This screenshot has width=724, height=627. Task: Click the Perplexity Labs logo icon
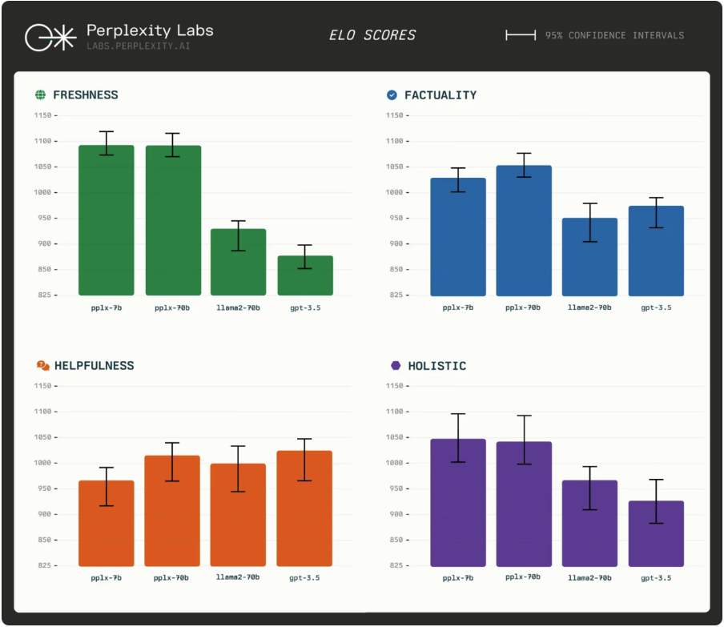point(50,38)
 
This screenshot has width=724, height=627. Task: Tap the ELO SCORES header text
point(372,35)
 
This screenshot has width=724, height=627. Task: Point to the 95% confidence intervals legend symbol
point(521,35)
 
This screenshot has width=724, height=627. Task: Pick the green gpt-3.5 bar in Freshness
point(304,275)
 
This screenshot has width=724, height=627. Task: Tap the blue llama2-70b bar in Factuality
point(589,256)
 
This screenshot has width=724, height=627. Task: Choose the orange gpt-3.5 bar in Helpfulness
point(304,508)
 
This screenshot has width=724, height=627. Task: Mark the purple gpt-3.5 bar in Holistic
point(656,533)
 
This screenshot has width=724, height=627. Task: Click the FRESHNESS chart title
point(85,95)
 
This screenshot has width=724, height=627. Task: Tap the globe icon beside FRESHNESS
point(40,95)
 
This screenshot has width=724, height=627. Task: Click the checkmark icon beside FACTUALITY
point(392,95)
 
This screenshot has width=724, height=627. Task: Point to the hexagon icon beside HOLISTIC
point(396,366)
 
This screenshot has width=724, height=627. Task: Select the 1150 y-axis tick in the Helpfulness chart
point(42,386)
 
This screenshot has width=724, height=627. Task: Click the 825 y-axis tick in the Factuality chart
point(393,295)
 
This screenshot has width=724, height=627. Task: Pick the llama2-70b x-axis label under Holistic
point(589,577)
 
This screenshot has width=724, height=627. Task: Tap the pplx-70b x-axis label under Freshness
point(173,307)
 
